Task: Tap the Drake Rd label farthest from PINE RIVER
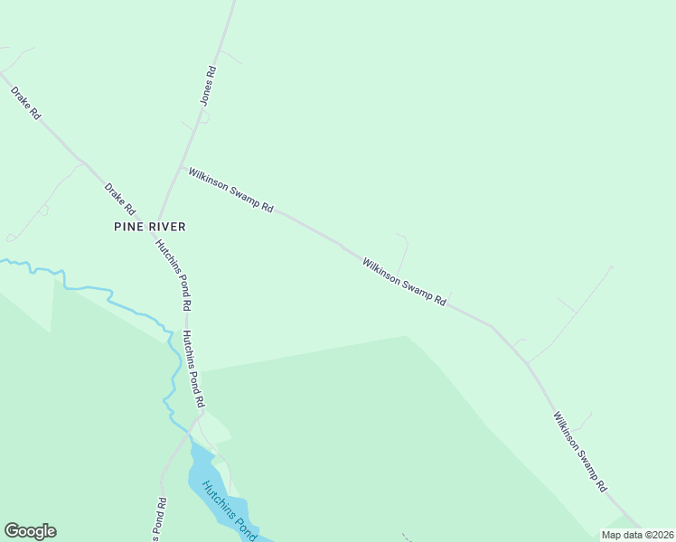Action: pos(25,103)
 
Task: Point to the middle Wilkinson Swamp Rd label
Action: pos(404,282)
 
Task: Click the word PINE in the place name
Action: pos(130,226)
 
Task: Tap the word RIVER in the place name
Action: pos(169,226)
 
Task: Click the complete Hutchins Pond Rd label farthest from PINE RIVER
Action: pos(194,368)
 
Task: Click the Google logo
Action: pos(30,531)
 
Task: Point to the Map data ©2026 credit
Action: pos(637,535)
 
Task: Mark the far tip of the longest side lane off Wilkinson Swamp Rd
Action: pos(611,267)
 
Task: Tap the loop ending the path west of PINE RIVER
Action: pos(11,238)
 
